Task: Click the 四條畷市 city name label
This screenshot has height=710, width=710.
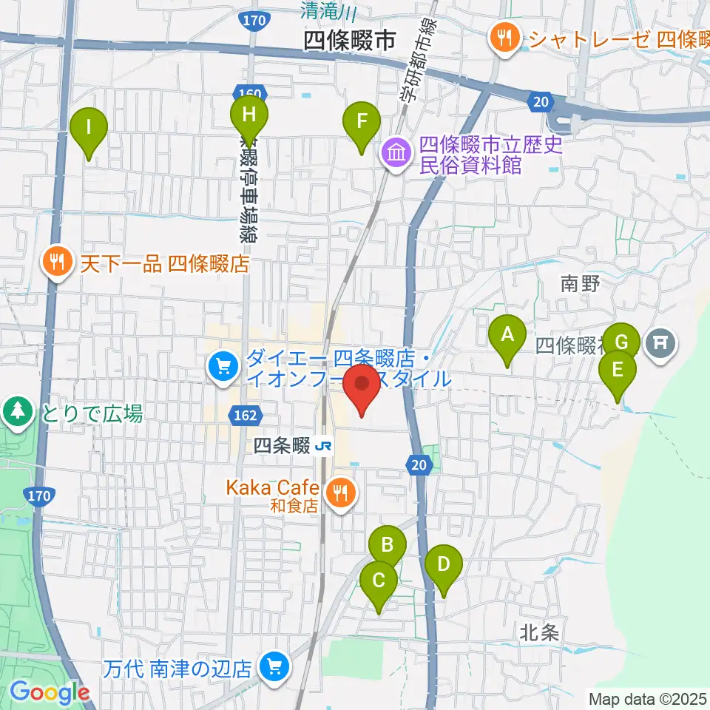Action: (350, 40)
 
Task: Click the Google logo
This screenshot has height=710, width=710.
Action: (50, 692)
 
